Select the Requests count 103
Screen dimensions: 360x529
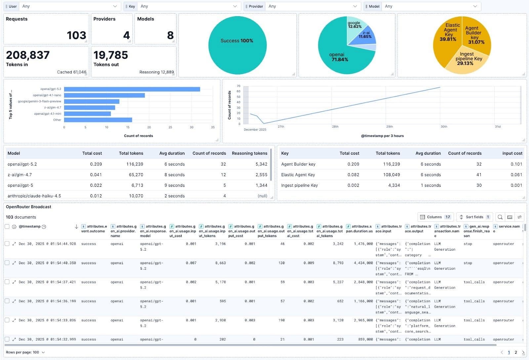point(76,35)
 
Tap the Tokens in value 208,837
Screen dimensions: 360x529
point(28,55)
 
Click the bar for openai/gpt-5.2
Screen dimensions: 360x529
point(132,89)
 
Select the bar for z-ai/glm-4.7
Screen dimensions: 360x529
point(90,107)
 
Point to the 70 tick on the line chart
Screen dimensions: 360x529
point(238,86)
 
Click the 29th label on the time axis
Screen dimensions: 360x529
point(389,127)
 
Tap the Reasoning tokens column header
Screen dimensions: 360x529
point(249,153)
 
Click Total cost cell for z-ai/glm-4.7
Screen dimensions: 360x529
point(96,175)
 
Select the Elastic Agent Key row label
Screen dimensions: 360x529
point(298,175)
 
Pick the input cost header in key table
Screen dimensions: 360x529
point(512,153)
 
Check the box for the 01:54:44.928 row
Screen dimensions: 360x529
point(7,244)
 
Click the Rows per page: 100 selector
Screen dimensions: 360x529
point(25,352)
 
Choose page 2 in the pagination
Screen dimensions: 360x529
point(516,352)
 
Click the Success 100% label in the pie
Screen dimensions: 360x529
point(237,41)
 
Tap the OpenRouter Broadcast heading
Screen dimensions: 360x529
point(28,207)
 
